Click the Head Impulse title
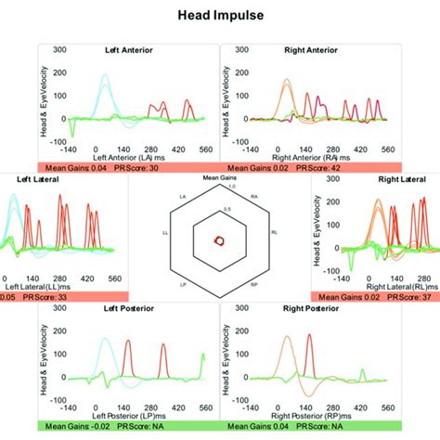tap(220, 16)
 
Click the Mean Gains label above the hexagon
tap(219, 176)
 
